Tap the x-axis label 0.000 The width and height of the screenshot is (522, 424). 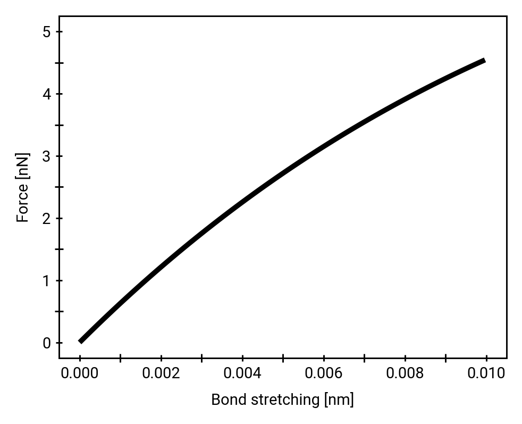(80, 373)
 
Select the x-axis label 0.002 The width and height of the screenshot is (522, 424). (161, 373)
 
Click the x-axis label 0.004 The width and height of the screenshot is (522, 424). (242, 373)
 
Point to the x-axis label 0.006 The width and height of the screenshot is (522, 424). (324, 373)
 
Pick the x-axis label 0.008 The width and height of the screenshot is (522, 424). (405, 373)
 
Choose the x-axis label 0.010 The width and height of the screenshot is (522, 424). (486, 373)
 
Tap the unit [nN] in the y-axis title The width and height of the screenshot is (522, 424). (23, 166)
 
